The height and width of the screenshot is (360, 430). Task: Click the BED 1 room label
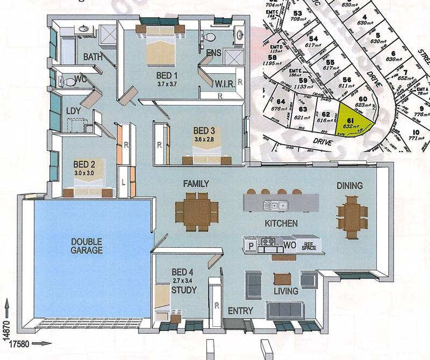coord(167,75)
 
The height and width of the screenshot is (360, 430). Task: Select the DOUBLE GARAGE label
coord(87,246)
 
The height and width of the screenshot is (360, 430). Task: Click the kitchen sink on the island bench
coord(278,204)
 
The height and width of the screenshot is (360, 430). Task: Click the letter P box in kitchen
coord(250,246)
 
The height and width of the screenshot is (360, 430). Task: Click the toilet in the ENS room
coord(211,38)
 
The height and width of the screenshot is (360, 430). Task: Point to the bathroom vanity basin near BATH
coord(85,30)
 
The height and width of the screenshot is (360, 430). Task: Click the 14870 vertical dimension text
coord(6,333)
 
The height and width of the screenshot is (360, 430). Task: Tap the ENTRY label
coord(240,311)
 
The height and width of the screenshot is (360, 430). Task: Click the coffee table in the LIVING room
coord(282,279)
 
